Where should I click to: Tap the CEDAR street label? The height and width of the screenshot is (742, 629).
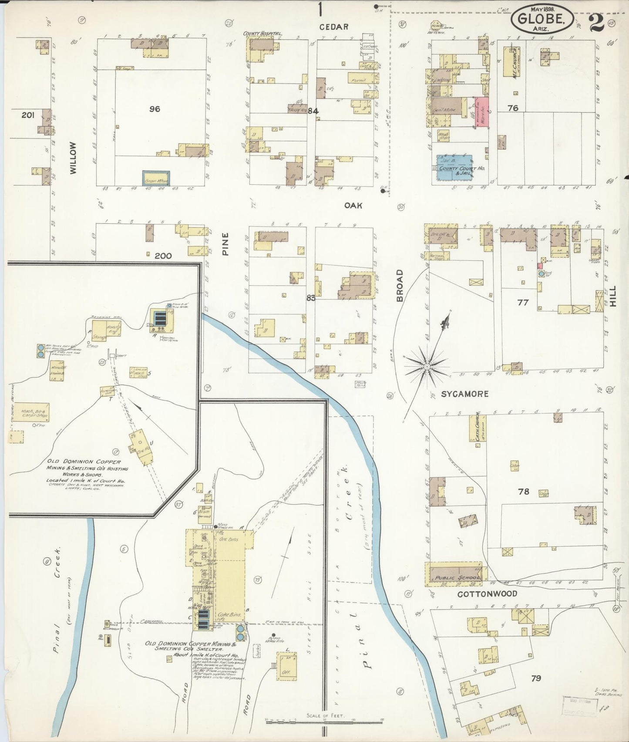click(334, 27)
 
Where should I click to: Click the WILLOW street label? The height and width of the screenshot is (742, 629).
click(73, 158)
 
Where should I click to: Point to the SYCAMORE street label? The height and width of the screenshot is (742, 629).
click(464, 394)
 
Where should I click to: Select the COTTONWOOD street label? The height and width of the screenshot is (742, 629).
click(487, 594)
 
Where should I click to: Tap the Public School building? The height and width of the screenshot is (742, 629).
click(454, 572)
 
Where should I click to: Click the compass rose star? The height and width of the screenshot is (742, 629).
click(427, 367)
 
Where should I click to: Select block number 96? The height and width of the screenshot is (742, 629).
click(155, 109)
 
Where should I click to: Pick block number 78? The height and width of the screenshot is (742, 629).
click(523, 491)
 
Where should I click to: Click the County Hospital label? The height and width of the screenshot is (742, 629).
click(263, 34)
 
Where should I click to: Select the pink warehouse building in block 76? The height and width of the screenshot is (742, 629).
click(481, 112)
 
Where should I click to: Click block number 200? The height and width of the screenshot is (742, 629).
click(163, 256)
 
